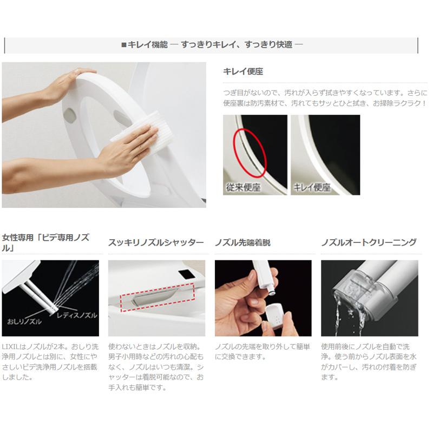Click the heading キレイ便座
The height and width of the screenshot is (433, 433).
243,71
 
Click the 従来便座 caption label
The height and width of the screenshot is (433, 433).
243,188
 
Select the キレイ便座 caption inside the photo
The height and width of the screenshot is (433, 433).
312,188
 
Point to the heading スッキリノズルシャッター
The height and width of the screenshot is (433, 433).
156,242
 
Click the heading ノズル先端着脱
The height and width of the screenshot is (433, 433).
242,242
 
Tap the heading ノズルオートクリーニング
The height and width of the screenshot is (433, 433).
368,242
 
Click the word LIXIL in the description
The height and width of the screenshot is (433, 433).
11,346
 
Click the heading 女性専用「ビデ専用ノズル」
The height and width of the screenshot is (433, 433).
45,242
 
